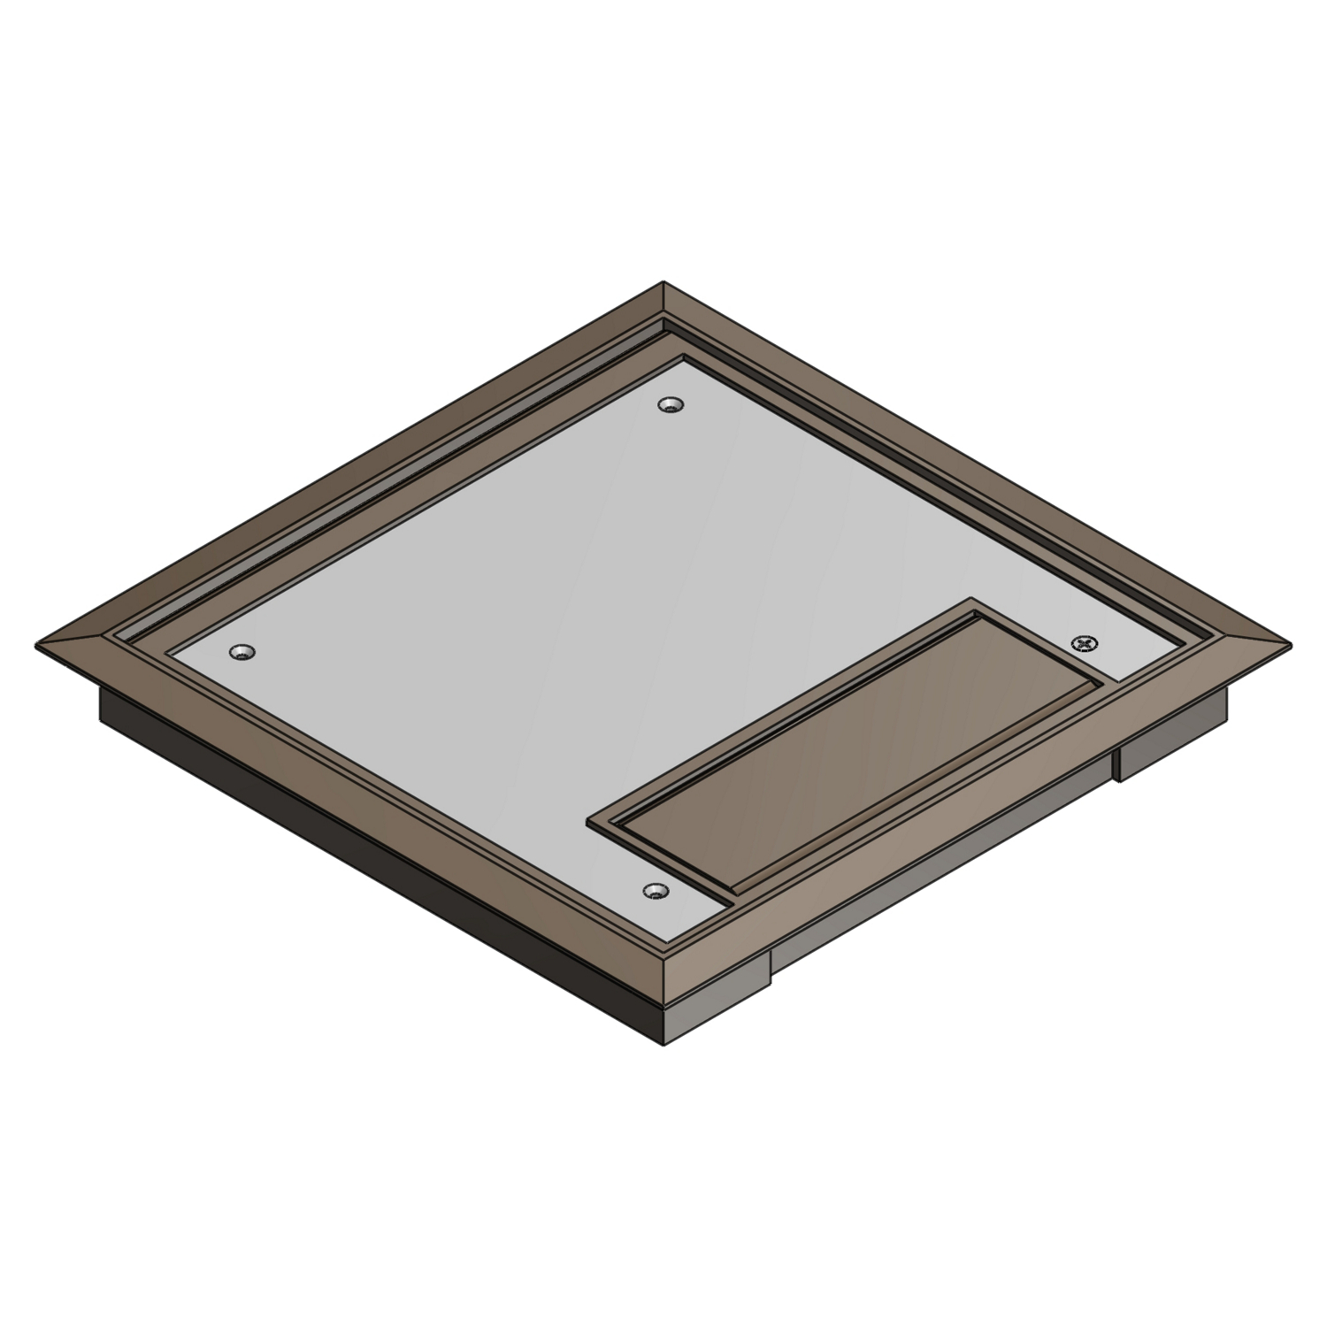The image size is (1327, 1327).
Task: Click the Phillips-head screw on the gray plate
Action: (1085, 643)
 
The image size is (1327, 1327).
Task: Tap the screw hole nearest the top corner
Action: (671, 405)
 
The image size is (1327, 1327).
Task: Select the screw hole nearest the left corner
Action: (240, 653)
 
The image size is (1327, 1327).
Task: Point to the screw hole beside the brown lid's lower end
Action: (655, 889)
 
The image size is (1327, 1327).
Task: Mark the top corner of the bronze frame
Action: (663, 285)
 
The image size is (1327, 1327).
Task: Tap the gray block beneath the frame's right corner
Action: (1172, 739)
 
